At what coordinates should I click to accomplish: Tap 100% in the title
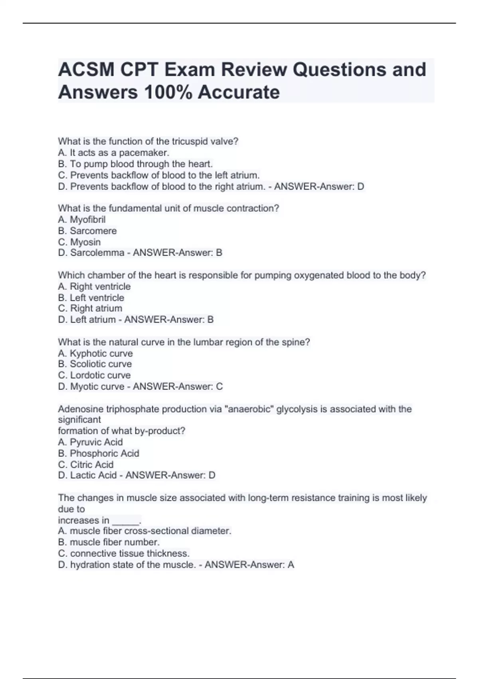[x=168, y=92]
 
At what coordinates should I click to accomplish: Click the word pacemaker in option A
[x=144, y=153]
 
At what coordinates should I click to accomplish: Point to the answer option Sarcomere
[x=93, y=231]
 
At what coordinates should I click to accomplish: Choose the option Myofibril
[x=87, y=220]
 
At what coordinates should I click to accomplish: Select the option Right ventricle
[x=100, y=287]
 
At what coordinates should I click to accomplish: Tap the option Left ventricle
[x=97, y=298]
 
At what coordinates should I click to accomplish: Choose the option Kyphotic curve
[x=101, y=353]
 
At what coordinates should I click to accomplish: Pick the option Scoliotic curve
[x=101, y=364]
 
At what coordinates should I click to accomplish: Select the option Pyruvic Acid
[x=96, y=442]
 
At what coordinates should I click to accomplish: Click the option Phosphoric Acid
[x=104, y=453]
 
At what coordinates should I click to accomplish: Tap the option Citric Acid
[x=91, y=465]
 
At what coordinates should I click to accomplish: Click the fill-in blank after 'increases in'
[x=126, y=521]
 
